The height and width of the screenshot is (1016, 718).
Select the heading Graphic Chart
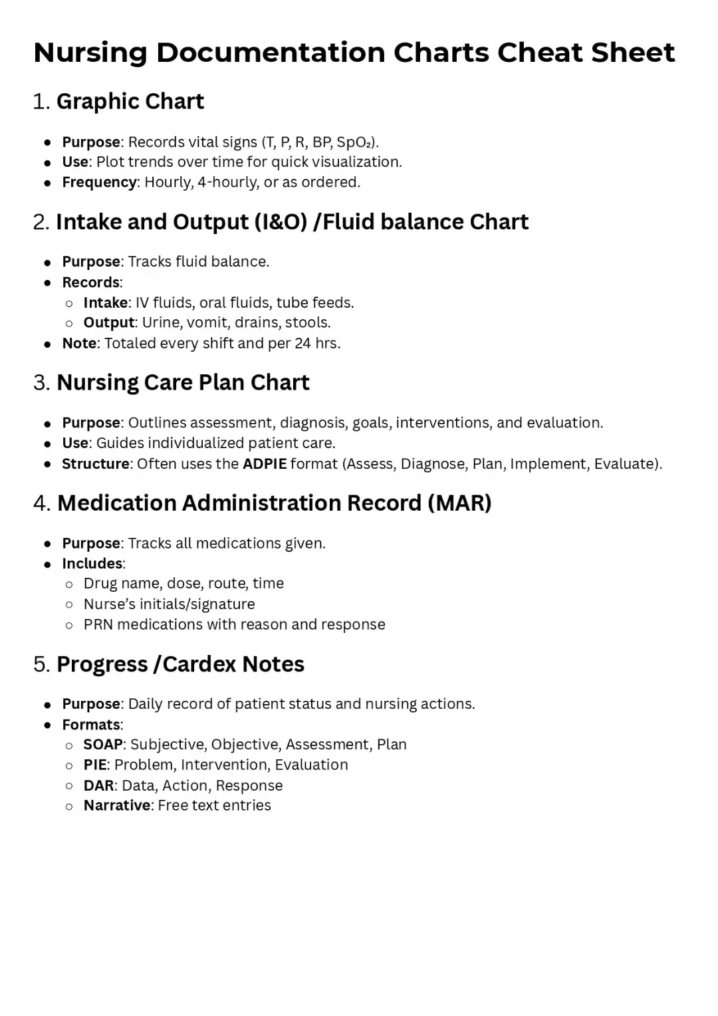[130, 102]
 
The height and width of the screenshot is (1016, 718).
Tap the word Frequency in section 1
[99, 182]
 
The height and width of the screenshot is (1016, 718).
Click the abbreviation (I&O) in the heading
[281, 222]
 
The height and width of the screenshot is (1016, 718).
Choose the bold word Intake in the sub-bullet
[105, 303]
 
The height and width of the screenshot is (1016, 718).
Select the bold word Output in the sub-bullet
[108, 322]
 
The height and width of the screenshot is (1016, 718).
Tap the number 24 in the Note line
[302, 343]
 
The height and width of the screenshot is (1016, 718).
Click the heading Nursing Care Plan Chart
[183, 383]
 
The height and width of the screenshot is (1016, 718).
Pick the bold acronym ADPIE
[265, 463]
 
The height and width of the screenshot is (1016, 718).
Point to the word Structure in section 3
[96, 463]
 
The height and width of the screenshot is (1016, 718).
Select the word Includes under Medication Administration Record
[92, 563]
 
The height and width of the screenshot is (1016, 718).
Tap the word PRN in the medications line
[98, 624]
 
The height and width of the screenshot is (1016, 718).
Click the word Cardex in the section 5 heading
[199, 664]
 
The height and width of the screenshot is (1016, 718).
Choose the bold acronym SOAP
[103, 744]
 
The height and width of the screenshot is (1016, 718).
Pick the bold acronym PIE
[94, 765]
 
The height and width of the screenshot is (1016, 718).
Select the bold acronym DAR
[98, 785]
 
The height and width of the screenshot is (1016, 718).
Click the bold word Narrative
[117, 805]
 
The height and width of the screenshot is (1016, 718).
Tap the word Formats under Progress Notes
[91, 725]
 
